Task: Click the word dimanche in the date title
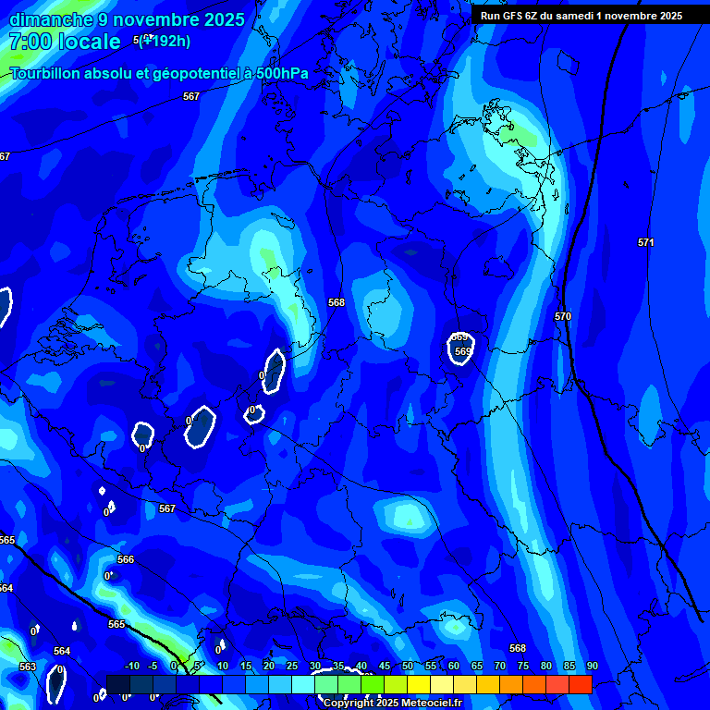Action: (x=51, y=19)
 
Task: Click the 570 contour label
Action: (x=563, y=317)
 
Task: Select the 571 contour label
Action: (x=646, y=242)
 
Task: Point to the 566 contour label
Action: (x=126, y=559)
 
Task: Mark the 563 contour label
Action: (x=28, y=667)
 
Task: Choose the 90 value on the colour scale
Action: (x=592, y=666)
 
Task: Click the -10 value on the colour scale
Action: (x=131, y=666)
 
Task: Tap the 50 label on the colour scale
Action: (x=408, y=666)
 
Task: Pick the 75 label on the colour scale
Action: (x=523, y=666)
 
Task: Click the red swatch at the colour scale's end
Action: (x=580, y=684)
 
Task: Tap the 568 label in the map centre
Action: (x=337, y=302)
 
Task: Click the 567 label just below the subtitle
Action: (x=191, y=96)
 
